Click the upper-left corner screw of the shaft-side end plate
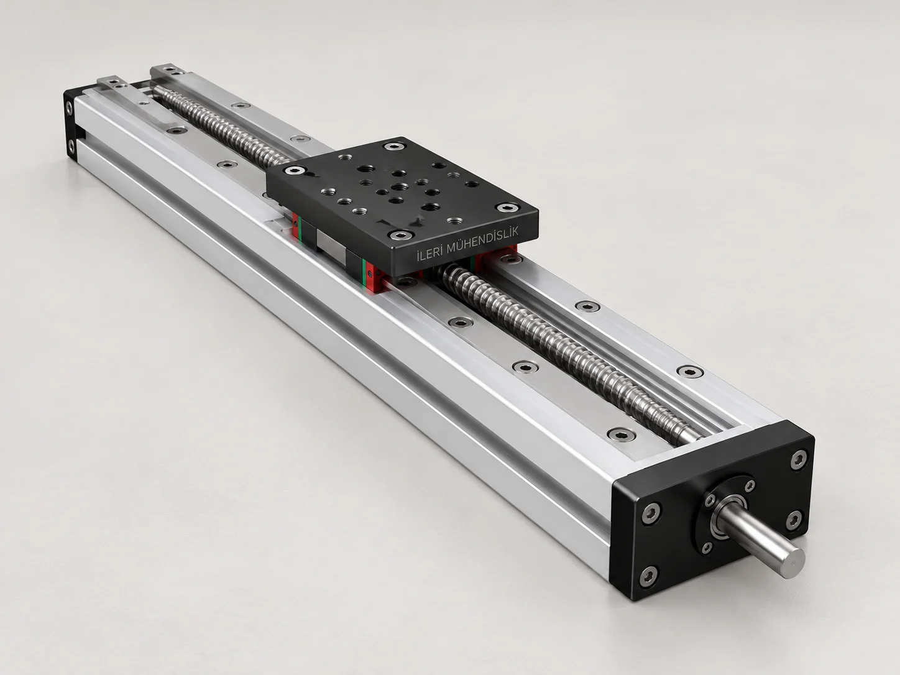[651, 513]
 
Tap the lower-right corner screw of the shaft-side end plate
[795, 520]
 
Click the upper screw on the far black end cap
[69, 108]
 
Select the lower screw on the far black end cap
[71, 145]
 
